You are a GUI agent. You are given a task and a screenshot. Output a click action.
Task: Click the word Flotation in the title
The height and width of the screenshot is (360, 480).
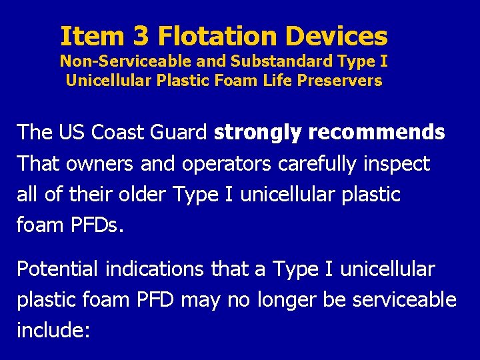tap(217, 36)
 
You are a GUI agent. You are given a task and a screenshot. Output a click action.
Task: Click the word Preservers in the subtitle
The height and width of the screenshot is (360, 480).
tap(345, 81)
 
